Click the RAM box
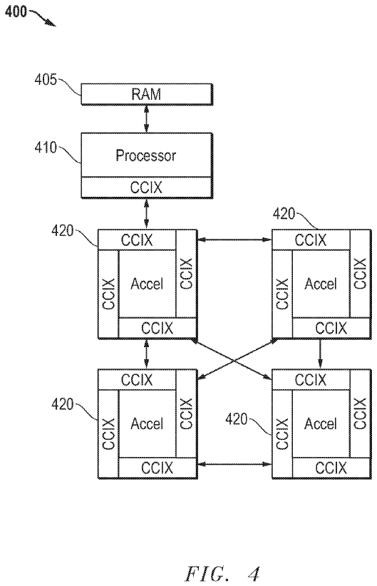[147, 94]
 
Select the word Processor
[145, 155]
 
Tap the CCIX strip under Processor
[147, 187]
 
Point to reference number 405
[45, 80]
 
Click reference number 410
[45, 148]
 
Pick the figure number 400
[16, 11]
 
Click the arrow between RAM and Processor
[146, 118]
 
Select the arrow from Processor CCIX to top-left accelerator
[146, 213]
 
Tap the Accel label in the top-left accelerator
[147, 284]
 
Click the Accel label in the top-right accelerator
[321, 284]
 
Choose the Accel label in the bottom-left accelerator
[147, 423]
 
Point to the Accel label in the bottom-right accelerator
[321, 423]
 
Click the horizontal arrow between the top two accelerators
[234, 240]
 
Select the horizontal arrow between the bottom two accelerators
[234, 464]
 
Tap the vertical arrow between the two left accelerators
[146, 354]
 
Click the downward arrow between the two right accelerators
[320, 354]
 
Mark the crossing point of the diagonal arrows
[234, 360]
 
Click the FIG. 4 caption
[222, 573]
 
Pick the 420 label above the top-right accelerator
[284, 214]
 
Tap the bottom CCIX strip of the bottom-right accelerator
[331, 468]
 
